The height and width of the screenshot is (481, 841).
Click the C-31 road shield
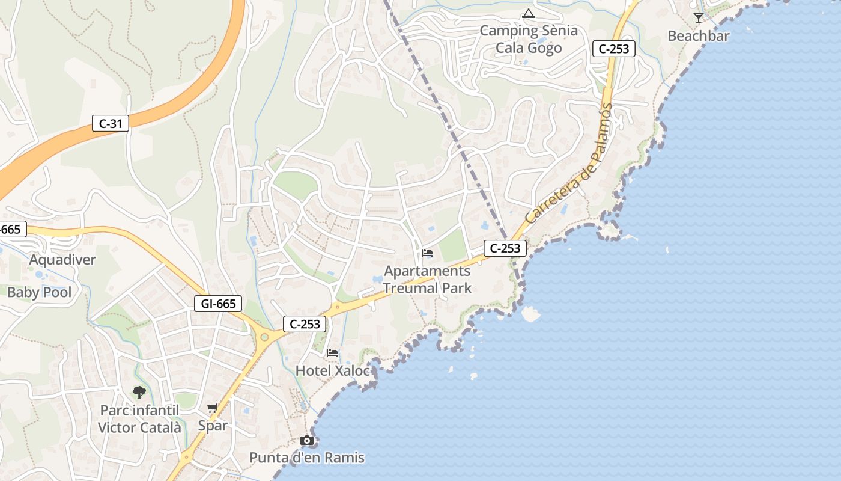[111, 124]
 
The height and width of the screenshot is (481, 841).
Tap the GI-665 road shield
[219, 304]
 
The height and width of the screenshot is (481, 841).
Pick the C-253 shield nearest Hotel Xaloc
[305, 324]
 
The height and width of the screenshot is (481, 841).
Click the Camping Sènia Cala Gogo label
[529, 39]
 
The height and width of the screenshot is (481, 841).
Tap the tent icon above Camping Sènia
[529, 13]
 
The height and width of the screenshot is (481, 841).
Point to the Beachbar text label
[699, 36]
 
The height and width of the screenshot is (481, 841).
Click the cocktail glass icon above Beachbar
[698, 18]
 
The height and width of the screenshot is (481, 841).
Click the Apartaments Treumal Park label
[427, 279]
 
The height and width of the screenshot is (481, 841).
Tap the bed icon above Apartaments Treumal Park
[427, 253]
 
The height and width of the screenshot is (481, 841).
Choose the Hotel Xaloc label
[332, 371]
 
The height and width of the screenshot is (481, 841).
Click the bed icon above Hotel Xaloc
[332, 353]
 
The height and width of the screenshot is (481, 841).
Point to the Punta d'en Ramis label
[307, 458]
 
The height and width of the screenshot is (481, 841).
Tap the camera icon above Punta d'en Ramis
[307, 441]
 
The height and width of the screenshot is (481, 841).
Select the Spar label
[213, 426]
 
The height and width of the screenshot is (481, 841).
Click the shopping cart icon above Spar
[213, 409]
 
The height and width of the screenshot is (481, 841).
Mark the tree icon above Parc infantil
[139, 393]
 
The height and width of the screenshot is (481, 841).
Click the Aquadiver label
[62, 260]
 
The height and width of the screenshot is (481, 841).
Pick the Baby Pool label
[39, 293]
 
